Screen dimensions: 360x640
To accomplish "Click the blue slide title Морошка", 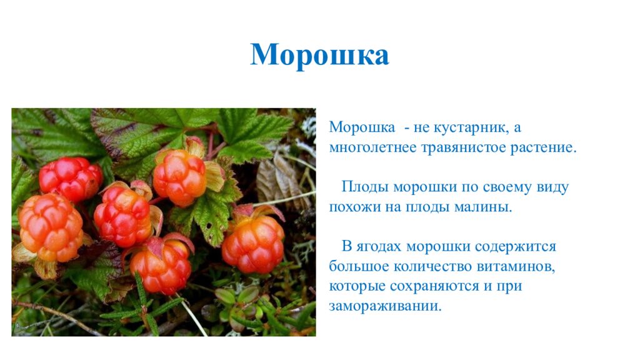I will (x=319, y=55).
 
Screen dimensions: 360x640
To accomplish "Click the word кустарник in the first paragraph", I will (x=469, y=127).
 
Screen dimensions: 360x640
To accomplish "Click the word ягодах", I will (x=383, y=246).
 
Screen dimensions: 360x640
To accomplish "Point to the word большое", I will (x=359, y=267).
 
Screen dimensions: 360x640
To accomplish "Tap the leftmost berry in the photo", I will (x=50, y=226).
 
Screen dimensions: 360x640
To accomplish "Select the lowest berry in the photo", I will (x=161, y=266).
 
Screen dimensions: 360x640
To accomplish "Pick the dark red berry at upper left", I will (x=70, y=178).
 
